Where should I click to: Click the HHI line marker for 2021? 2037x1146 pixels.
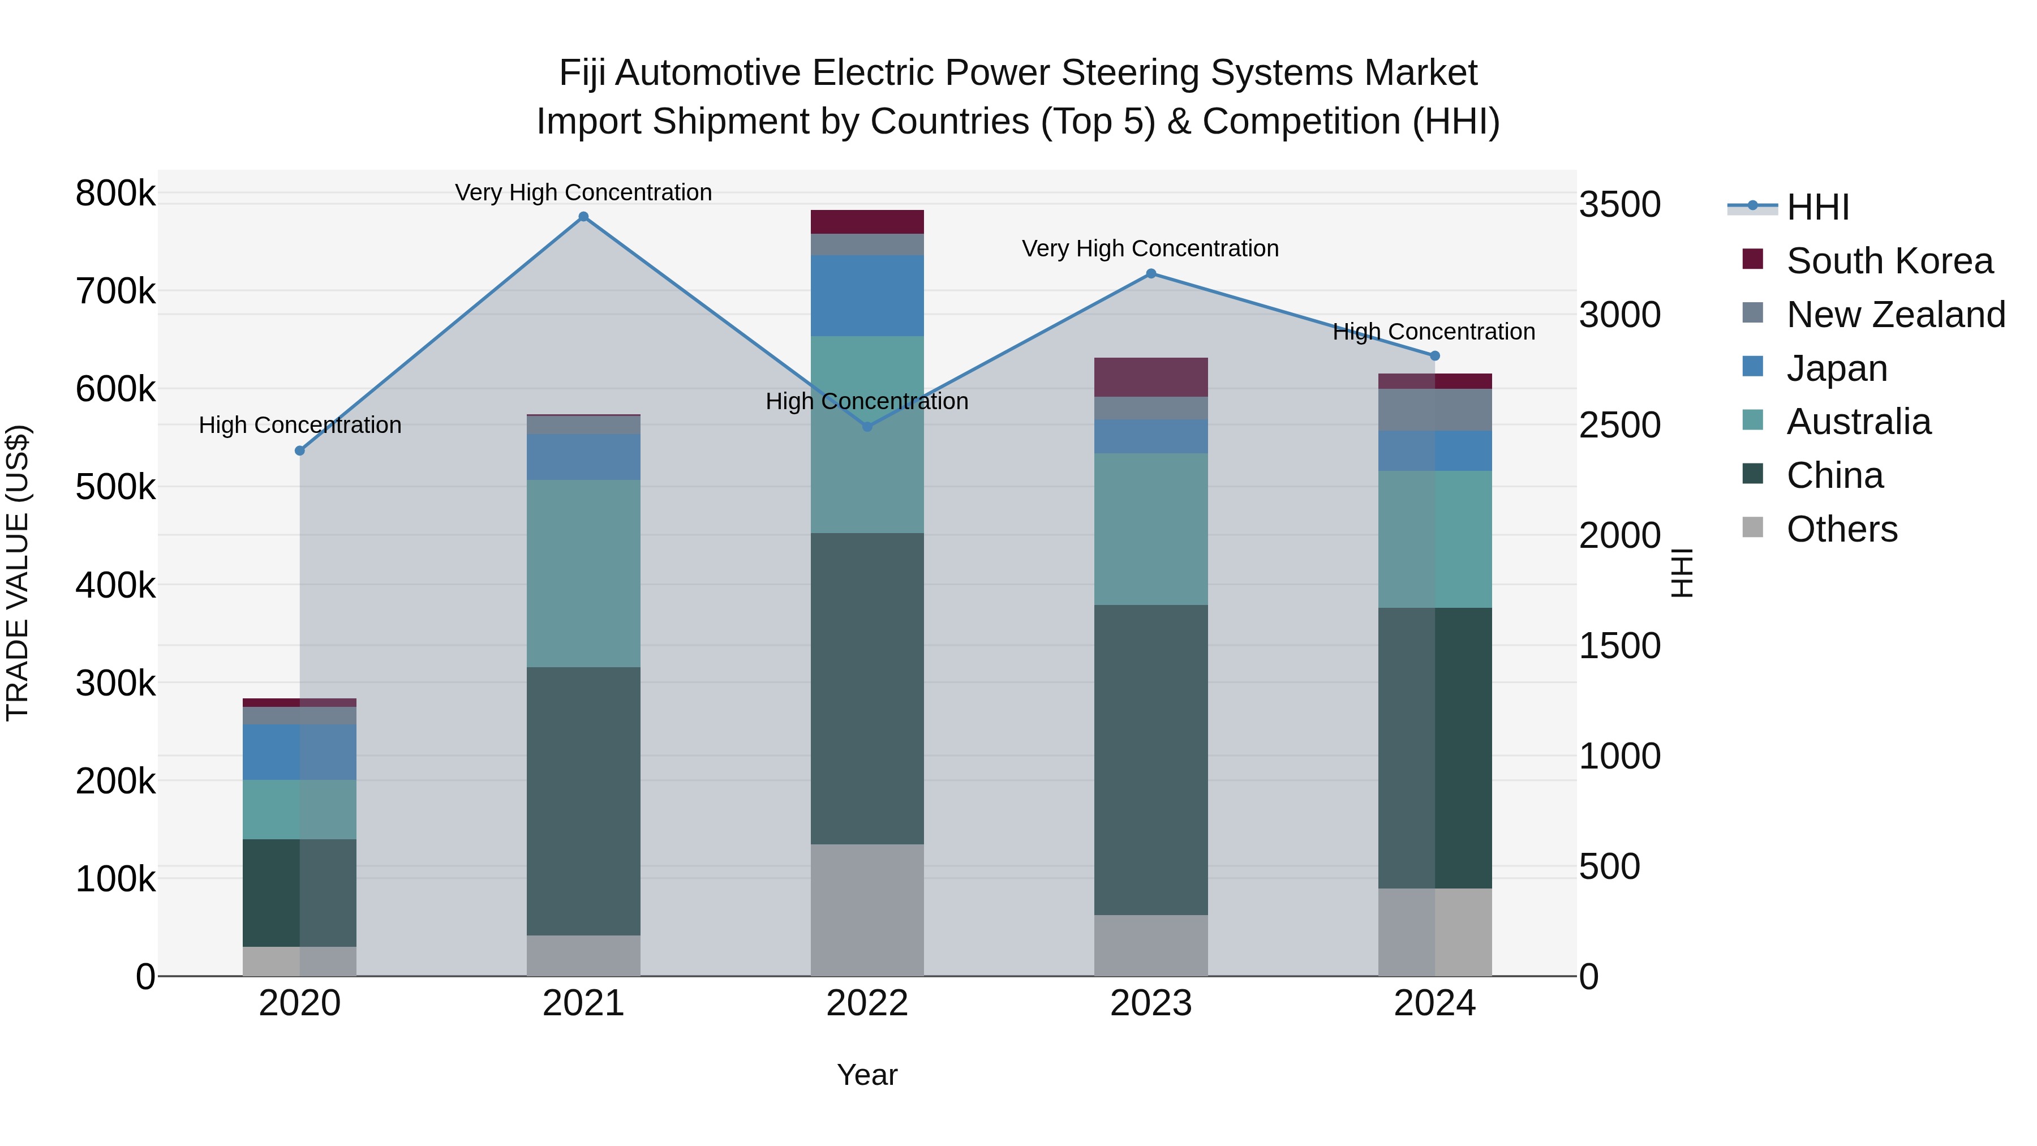583,217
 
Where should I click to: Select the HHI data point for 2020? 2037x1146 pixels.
300,451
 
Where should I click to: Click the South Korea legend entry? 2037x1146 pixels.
1889,261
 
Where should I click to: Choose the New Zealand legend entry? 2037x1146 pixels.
1896,315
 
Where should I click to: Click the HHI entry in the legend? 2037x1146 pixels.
1817,207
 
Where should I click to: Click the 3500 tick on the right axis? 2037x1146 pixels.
1619,205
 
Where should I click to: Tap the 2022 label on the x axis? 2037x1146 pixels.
867,1003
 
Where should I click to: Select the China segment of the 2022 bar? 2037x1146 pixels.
867,688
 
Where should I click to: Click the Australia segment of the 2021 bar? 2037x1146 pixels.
583,573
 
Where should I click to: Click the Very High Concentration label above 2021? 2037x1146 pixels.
583,192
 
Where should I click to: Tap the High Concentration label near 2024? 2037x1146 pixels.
1434,332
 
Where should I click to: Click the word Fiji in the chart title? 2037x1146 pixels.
582,73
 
